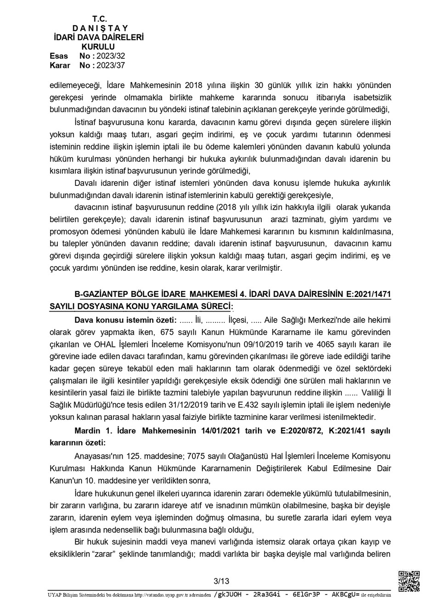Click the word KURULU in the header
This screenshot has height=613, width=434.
click(98, 47)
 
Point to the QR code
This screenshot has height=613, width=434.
click(408, 581)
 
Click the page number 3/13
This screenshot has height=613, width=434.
click(221, 581)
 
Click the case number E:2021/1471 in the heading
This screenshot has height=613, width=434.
click(367, 294)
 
